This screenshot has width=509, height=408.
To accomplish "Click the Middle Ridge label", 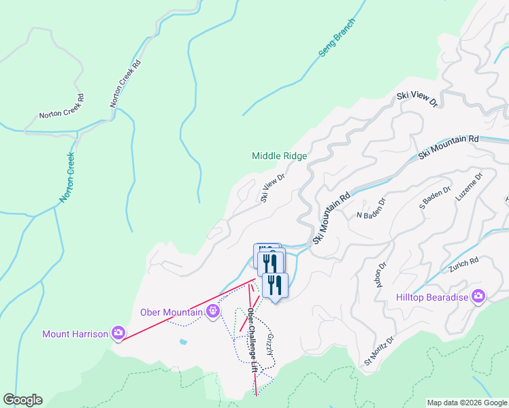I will (279, 156).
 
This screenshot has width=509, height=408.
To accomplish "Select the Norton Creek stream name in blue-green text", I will (67, 177).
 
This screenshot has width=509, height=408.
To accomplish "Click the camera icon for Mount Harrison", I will (119, 332).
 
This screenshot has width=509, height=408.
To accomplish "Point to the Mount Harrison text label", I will (76, 334).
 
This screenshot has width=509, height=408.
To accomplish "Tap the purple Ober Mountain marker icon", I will (213, 311).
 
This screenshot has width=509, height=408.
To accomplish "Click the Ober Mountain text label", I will (171, 313).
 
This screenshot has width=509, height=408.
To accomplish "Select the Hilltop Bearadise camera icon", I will (478, 295).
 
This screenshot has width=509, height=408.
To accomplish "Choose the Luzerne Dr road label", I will (470, 186).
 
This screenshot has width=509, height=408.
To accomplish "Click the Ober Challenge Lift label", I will (252, 339).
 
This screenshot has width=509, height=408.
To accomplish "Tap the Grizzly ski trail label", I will (270, 345).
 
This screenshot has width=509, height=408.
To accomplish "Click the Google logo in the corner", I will (22, 400).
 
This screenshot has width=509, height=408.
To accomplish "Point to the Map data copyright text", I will (467, 403).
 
